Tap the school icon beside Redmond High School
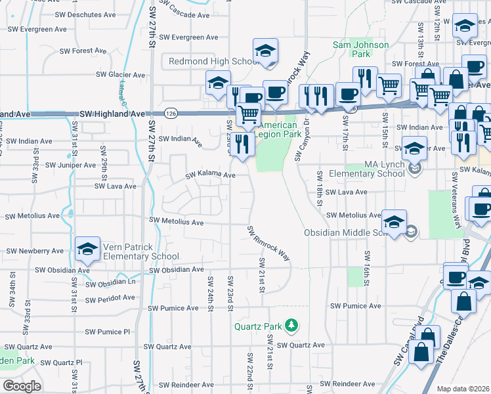click(x=266, y=51)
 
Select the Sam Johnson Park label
click(x=360, y=50)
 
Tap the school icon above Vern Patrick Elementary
click(x=87, y=250)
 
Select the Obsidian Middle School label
click(x=351, y=233)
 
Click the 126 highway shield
click(x=169, y=114)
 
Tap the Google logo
click(x=22, y=386)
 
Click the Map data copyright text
click(x=463, y=389)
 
